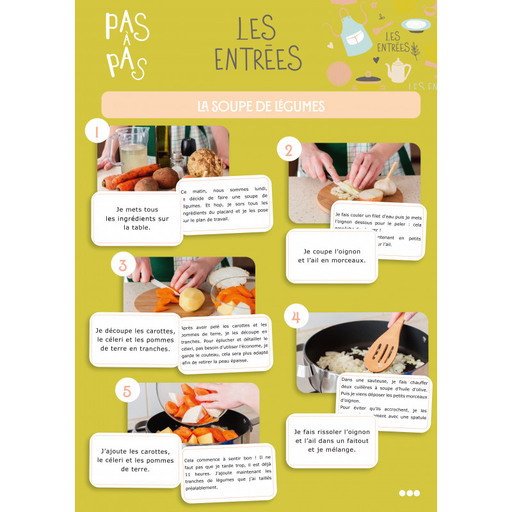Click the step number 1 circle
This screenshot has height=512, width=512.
click(97, 132)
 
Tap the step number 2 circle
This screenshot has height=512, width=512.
click(289, 150)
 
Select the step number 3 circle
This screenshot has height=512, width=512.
click(123, 264)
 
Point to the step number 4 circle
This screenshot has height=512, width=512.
click(296, 317)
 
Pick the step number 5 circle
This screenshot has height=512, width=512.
click(127, 390)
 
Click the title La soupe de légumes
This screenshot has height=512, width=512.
click(260, 106)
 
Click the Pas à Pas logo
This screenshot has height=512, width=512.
click(127, 45)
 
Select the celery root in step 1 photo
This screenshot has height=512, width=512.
click(205, 163)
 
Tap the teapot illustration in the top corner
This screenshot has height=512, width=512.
click(399, 70)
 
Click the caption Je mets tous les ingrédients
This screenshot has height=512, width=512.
click(137, 218)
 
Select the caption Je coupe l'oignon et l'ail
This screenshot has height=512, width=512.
click(332, 256)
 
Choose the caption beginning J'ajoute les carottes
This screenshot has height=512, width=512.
click(135, 460)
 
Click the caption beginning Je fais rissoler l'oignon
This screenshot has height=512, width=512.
click(332, 440)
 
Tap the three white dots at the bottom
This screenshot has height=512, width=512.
click(410, 493)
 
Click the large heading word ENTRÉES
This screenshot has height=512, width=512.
click(258, 58)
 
